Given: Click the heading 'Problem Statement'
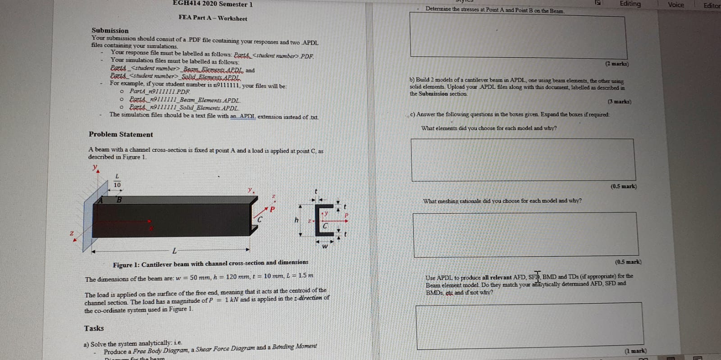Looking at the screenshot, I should click(x=121, y=134).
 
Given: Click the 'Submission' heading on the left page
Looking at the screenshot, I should click(x=110, y=31).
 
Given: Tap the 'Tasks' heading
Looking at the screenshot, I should click(x=94, y=328).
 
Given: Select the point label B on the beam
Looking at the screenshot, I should click(x=119, y=200).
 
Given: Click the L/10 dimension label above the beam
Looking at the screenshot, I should click(x=117, y=181).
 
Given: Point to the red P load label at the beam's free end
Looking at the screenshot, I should click(x=272, y=209).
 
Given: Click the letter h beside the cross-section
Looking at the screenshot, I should click(x=297, y=220).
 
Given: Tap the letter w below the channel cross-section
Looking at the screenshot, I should click(x=324, y=246).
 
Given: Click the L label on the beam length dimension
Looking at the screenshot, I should click(x=174, y=251).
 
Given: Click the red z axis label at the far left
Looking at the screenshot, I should click(x=71, y=233).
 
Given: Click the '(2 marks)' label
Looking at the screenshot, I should click(x=617, y=64).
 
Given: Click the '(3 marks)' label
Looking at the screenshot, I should click(x=619, y=102).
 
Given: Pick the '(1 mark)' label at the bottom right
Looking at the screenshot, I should click(x=635, y=351).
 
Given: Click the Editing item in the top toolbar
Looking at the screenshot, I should click(x=630, y=4).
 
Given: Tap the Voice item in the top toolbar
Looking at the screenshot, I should click(x=675, y=5).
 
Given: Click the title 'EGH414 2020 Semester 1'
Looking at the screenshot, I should click(x=213, y=4).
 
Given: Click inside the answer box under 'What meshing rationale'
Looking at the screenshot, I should click(x=525, y=234).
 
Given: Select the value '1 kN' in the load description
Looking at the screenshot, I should click(x=232, y=300).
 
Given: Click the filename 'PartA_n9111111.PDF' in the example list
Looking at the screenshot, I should click(x=160, y=91).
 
